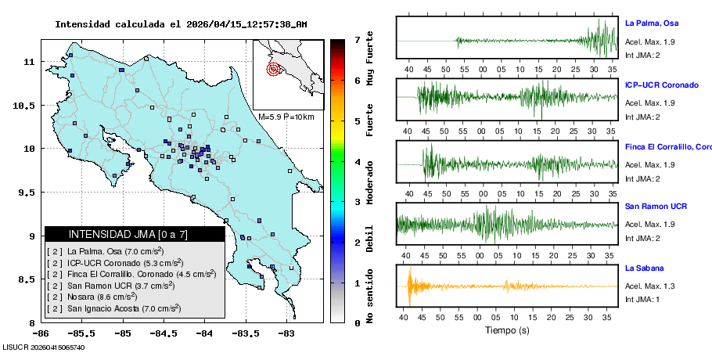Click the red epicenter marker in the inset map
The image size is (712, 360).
[273, 69]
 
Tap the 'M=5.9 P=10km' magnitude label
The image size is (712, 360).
[286, 117]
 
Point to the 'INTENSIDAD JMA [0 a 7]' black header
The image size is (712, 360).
[135, 234]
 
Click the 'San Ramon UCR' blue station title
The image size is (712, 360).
[656, 207]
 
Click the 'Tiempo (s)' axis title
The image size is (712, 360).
[507, 330]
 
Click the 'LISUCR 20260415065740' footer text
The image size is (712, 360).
[44, 347]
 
